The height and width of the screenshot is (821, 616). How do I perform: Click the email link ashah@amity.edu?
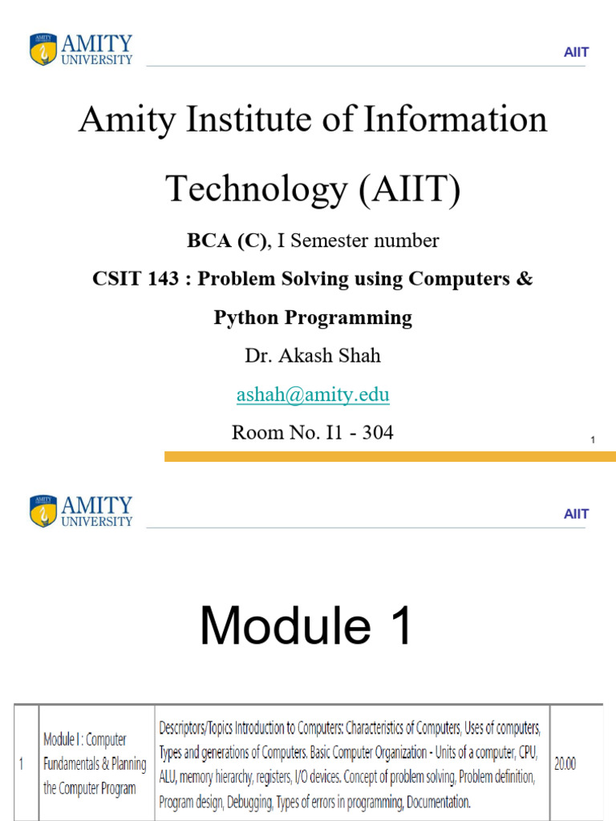[x=313, y=394]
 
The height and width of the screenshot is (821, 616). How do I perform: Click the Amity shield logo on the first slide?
[x=43, y=49]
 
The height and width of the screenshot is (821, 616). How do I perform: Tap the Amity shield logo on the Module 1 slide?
[x=43, y=511]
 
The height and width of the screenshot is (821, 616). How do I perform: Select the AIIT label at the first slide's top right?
[x=576, y=52]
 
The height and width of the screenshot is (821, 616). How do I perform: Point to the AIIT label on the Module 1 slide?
[x=576, y=514]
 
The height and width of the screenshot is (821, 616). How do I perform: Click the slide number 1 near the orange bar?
[x=593, y=440]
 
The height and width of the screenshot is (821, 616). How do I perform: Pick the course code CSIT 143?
[x=136, y=278]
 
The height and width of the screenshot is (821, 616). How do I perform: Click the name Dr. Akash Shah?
[x=313, y=355]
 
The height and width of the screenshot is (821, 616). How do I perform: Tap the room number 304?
[x=378, y=432]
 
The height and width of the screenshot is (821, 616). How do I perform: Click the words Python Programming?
[x=313, y=317]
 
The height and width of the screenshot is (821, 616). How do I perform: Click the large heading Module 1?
[x=306, y=625]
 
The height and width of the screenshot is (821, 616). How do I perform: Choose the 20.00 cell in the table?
[x=565, y=764]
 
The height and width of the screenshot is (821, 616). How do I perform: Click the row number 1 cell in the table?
[x=21, y=764]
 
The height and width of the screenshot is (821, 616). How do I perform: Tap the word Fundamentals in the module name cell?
[x=71, y=764]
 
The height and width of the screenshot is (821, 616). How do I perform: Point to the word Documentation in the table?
[x=439, y=802]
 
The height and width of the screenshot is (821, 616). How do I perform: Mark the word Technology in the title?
[x=257, y=188]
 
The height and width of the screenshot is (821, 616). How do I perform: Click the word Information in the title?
[x=456, y=119]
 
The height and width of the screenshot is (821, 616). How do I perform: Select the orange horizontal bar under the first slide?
[x=391, y=456]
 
